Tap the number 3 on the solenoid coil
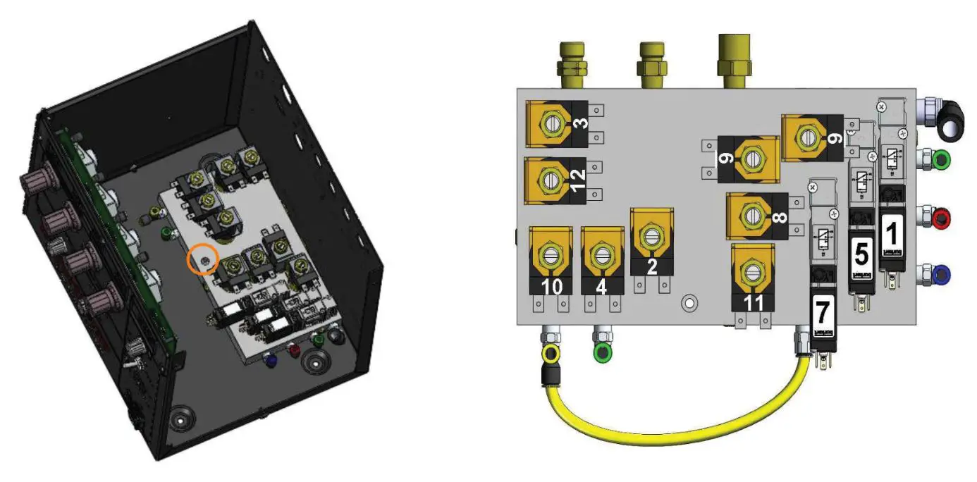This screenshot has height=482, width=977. (x=583, y=124)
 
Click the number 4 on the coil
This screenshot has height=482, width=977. (x=601, y=288)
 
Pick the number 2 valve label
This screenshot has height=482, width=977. (x=652, y=266)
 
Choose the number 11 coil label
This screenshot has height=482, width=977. (x=753, y=302)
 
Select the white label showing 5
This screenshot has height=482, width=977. (x=861, y=252)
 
